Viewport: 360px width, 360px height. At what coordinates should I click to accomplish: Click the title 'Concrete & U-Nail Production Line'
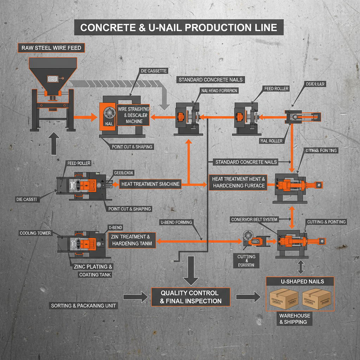click(x=179, y=28)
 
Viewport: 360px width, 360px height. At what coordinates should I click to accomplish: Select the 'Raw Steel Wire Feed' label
click(x=51, y=48)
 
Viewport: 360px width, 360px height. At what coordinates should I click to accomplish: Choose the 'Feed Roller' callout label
click(x=276, y=89)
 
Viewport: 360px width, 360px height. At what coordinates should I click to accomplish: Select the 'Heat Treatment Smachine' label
click(x=150, y=184)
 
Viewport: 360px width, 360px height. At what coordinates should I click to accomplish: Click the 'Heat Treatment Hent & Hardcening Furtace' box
click(x=238, y=182)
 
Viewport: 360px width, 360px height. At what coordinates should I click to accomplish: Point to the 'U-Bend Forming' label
click(x=176, y=222)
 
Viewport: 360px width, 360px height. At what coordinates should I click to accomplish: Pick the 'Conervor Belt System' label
click(x=254, y=219)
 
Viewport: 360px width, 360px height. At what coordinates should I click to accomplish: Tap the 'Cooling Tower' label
click(x=35, y=233)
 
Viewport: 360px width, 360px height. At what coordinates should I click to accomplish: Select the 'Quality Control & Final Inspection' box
click(x=191, y=297)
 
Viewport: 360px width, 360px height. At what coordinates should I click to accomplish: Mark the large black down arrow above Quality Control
click(x=191, y=270)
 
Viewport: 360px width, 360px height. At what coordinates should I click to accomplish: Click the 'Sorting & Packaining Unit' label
click(x=83, y=306)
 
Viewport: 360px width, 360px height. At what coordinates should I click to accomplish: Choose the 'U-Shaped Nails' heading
click(x=300, y=281)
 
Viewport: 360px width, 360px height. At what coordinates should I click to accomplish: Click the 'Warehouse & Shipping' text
click(x=293, y=319)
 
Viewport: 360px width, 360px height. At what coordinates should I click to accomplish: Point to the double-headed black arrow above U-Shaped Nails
click(x=301, y=267)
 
